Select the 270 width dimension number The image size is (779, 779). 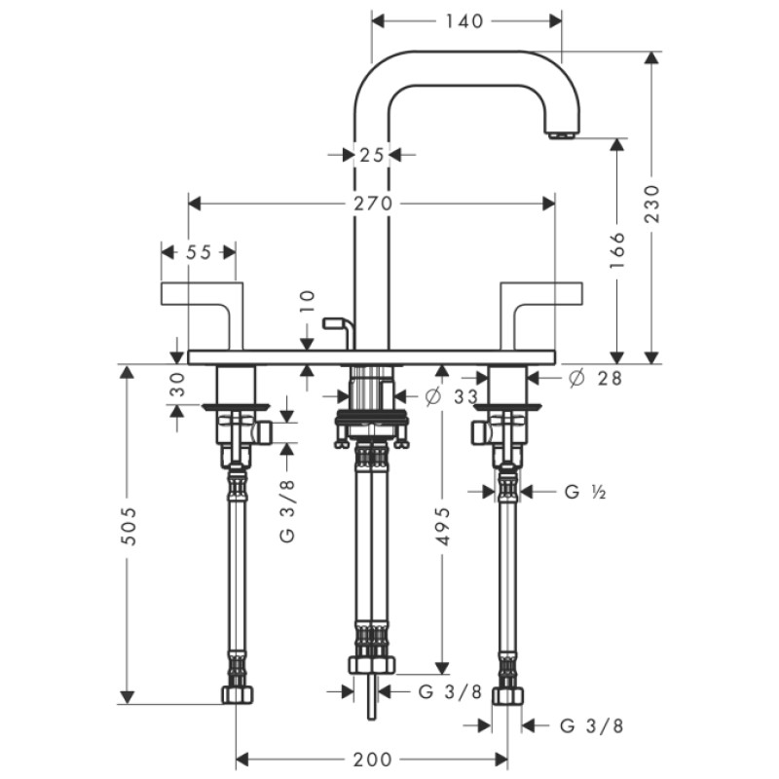point(372,204)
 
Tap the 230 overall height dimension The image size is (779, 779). point(652,204)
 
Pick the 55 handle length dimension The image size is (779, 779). point(198,251)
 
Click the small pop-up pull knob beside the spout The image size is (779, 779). point(336,321)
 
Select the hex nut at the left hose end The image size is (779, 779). point(236,695)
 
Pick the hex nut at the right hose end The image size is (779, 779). point(507,695)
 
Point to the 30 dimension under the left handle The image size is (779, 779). point(176,386)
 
